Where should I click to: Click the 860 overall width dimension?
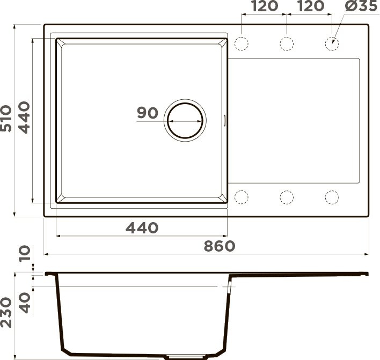point(220,246)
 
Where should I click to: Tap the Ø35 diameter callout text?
point(360,6)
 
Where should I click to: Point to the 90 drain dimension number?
point(147,113)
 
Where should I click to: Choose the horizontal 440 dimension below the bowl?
point(142,228)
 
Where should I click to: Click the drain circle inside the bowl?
point(185,121)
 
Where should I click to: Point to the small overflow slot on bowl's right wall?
point(225,121)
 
